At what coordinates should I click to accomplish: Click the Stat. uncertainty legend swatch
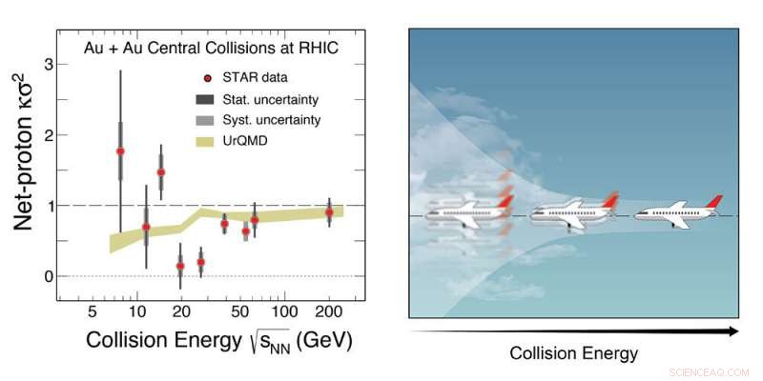click(207, 99)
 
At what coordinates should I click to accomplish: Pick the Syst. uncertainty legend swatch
click(207, 121)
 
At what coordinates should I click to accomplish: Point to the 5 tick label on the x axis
click(93, 311)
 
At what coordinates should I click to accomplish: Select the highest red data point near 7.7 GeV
click(120, 151)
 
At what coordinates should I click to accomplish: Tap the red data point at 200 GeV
click(329, 212)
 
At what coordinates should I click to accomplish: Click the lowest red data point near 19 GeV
click(180, 267)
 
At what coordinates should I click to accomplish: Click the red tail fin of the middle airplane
click(608, 201)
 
